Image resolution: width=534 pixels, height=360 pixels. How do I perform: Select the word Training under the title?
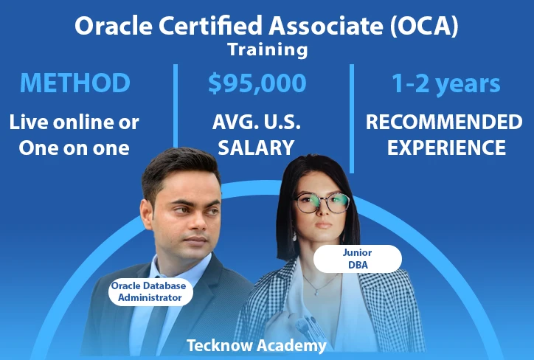[268, 49]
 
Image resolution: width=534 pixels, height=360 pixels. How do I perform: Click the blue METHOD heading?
[75, 83]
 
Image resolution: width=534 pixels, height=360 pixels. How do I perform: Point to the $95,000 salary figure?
[257, 83]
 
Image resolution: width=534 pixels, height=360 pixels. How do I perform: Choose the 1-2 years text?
[445, 83]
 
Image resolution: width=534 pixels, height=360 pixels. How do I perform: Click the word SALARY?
[256, 148]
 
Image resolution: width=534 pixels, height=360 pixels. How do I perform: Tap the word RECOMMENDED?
[444, 122]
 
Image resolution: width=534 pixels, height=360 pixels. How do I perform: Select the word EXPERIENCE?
[446, 148]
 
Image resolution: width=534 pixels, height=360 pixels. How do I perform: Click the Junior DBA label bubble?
[357, 259]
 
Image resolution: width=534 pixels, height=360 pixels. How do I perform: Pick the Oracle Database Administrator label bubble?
[150, 291]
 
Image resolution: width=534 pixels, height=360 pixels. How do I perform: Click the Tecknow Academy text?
[257, 345]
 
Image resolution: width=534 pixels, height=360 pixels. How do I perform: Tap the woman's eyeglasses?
[322, 203]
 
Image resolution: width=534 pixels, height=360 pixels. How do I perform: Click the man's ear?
[147, 215]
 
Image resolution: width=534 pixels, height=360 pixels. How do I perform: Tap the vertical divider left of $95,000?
[176, 105]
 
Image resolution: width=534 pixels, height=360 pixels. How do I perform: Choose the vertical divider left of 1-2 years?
[352, 119]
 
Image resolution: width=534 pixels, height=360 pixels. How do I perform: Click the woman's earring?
[294, 236]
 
